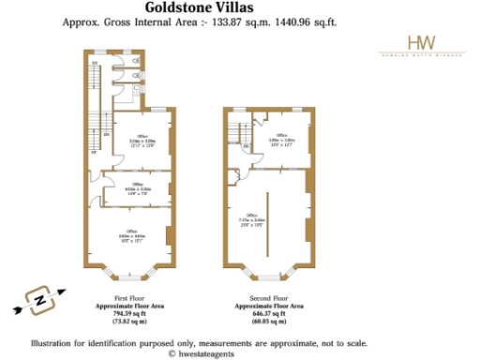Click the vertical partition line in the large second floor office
coord(268,225)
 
